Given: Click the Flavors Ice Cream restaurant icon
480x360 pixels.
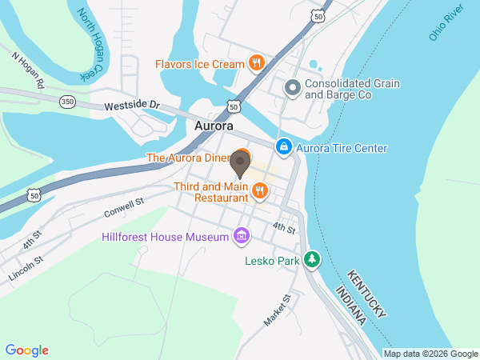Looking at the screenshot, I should coord(256,63).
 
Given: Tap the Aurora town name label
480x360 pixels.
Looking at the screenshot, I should coord(214,126).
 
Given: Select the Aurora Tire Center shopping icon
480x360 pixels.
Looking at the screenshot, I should coord(283,148).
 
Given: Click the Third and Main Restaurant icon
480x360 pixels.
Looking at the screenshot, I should coord(259,190).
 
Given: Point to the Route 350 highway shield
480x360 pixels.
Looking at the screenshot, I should coord(68,102).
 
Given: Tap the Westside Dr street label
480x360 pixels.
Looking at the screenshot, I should coord(132,105).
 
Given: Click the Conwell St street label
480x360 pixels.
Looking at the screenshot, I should coord(122,209).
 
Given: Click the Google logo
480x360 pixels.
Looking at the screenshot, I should coord(27,350).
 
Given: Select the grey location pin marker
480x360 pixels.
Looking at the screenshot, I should coord(241,165).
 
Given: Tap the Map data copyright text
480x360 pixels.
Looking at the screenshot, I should coord(429,354).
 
